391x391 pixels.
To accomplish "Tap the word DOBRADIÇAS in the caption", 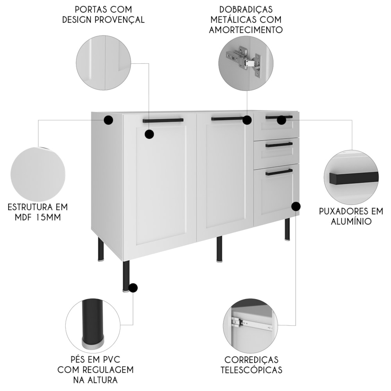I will click(x=246, y=9).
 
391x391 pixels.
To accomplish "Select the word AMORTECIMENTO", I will click(x=246, y=30).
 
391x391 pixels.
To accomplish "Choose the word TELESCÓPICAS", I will click(x=251, y=370).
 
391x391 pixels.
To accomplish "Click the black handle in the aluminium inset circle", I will click(x=353, y=177).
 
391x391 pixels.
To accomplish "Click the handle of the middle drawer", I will click(x=279, y=145).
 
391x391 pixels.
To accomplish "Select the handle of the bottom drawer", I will click(x=279, y=172).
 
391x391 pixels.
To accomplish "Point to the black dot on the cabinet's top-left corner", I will click(x=108, y=120).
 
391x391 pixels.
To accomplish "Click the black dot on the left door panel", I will click(x=149, y=134).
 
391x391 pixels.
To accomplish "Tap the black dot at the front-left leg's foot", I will click(x=133, y=288).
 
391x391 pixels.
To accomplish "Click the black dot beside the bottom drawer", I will click(x=296, y=206).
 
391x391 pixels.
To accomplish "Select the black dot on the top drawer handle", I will click(x=282, y=120).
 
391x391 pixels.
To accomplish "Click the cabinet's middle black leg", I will click(x=219, y=249).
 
